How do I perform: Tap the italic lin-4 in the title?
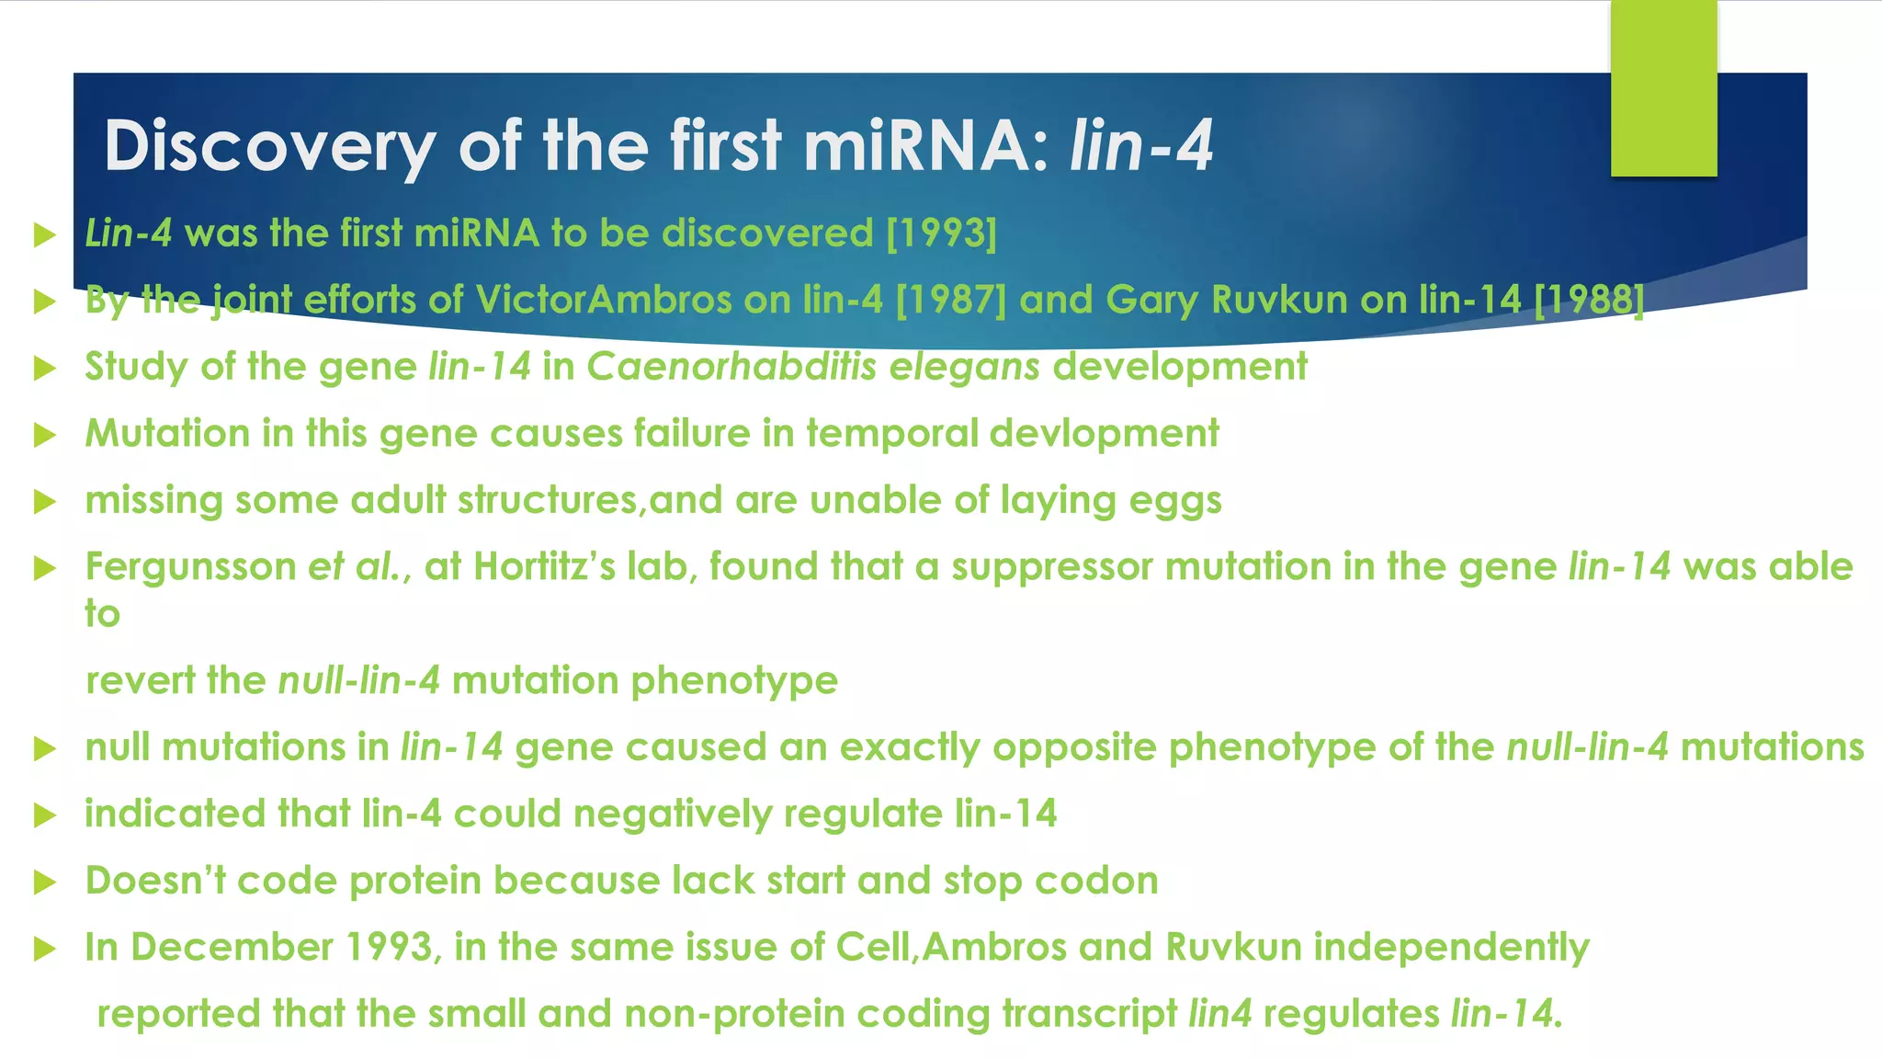(1141, 147)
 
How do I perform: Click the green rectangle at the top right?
(1663, 88)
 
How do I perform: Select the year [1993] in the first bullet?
(941, 233)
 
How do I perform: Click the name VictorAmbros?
(603, 300)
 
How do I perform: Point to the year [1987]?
(951, 300)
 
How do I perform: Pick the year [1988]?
(1589, 300)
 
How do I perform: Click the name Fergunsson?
(190, 567)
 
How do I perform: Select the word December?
(232, 948)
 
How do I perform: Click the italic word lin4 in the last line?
(1219, 1014)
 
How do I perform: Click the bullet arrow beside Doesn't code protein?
(44, 882)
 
